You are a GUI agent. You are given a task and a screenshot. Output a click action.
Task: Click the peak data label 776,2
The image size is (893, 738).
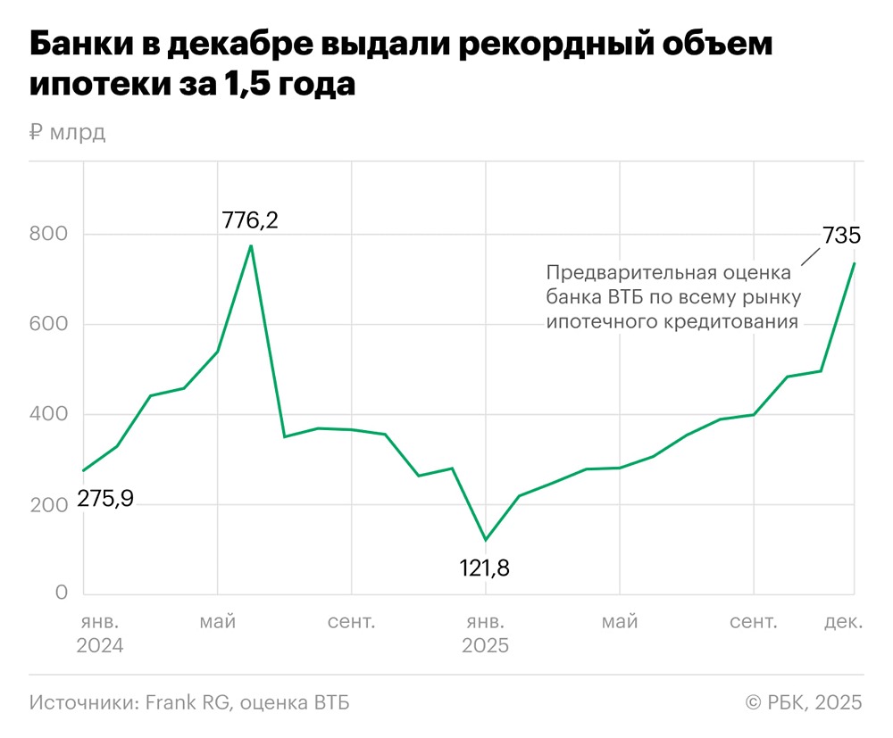click(250, 220)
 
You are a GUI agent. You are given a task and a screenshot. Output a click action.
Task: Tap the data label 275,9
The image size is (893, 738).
click(104, 499)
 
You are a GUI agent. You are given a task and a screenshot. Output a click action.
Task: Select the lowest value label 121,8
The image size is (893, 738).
click(485, 568)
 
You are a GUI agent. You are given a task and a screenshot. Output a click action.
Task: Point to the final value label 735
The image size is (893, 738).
click(840, 236)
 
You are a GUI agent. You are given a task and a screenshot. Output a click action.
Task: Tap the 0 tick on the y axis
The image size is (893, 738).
click(62, 593)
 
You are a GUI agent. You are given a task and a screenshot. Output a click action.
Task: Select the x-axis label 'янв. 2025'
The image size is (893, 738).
click(485, 633)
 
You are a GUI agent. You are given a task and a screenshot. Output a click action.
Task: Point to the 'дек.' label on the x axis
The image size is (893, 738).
click(843, 621)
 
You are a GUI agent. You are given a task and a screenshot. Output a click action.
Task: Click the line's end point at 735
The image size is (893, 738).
click(855, 263)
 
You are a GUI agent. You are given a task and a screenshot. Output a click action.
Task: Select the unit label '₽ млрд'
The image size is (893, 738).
click(68, 133)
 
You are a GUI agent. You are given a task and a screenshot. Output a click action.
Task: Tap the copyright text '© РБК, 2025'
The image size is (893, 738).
click(804, 703)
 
